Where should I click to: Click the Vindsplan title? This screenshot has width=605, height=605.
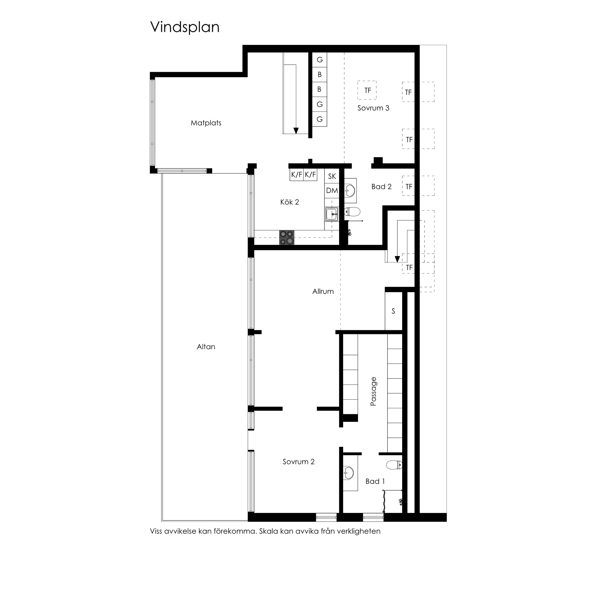click(185, 27)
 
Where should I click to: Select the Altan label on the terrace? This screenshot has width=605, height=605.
click(206, 347)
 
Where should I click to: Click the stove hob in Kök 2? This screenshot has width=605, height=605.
click(287, 237)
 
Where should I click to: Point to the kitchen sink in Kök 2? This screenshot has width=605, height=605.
click(331, 214)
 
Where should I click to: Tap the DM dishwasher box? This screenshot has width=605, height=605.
click(332, 190)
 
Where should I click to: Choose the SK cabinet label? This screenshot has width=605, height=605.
click(332, 176)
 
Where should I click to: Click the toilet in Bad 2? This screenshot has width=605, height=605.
click(353, 212)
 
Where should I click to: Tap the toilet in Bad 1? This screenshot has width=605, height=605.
click(394, 465)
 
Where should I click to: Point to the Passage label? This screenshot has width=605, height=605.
click(373, 392)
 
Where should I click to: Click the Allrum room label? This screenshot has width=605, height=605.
click(323, 292)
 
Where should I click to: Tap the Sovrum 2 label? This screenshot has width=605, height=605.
click(298, 461)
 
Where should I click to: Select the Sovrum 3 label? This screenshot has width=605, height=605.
click(373, 108)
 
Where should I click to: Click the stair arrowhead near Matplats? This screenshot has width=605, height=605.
click(296, 131)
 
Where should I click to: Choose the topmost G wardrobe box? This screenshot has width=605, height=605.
click(319, 60)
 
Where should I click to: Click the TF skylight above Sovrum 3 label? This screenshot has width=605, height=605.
click(367, 90)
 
